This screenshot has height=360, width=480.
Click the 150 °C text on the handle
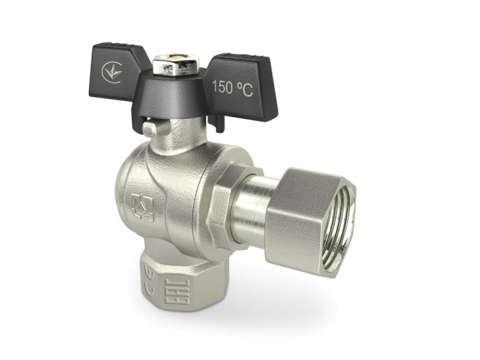point(232,88)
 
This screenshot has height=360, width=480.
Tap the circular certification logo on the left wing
point(112,73)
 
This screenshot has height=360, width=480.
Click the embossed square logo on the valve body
point(142,207)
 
